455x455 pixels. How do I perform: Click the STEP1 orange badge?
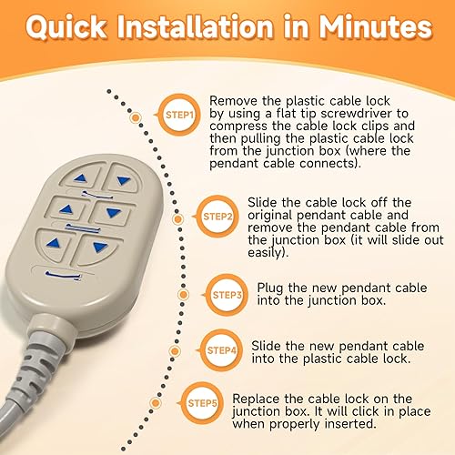179,116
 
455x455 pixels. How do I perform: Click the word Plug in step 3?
272,285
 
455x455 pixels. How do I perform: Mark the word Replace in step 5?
258,399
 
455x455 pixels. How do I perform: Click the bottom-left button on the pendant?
56,243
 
